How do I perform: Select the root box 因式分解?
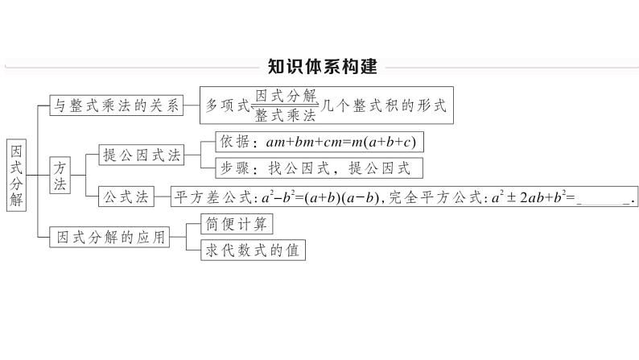tap(16, 173)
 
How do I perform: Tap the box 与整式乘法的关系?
tap(113, 105)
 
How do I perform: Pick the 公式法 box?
tap(123, 196)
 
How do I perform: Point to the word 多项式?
tap(227, 106)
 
